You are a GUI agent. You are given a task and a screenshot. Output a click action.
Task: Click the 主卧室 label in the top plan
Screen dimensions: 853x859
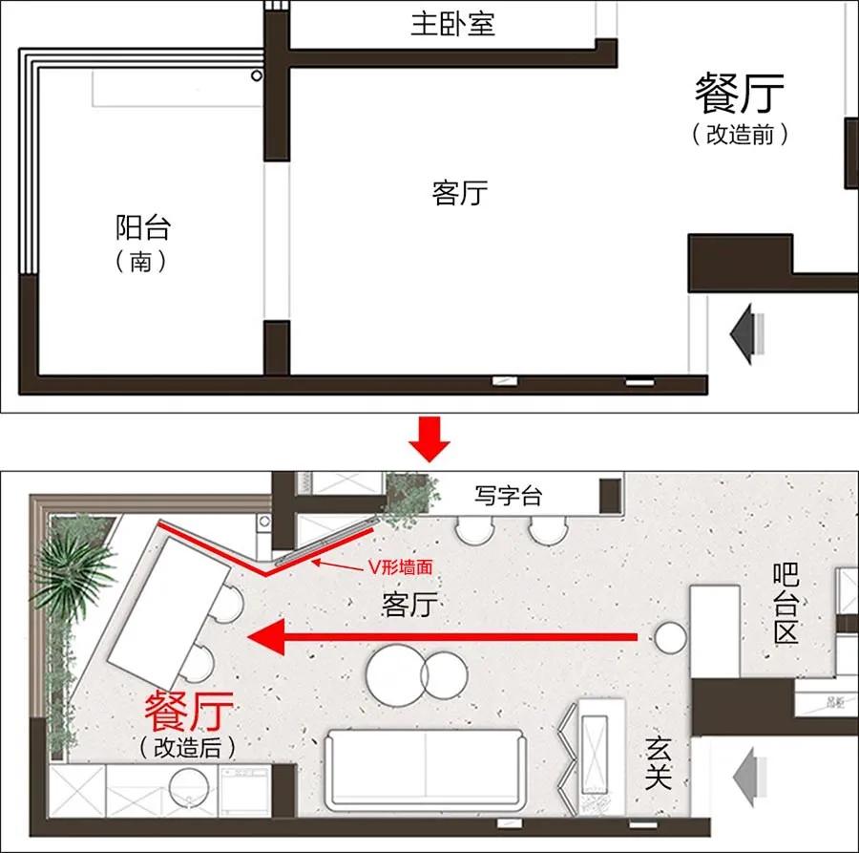[x=452, y=23]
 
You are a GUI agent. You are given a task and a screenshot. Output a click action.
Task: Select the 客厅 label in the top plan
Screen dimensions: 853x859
[x=459, y=194]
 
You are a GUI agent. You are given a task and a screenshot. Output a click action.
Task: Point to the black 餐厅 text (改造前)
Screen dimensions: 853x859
[x=740, y=94]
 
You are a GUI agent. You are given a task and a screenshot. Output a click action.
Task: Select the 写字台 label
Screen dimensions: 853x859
[x=508, y=495]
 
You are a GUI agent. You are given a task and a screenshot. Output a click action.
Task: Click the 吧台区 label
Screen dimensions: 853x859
[x=785, y=604]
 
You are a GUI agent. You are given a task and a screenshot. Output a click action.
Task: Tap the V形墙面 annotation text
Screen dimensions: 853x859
[x=400, y=566]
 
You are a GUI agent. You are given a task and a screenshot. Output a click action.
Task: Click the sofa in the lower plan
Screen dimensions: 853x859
[x=425, y=768]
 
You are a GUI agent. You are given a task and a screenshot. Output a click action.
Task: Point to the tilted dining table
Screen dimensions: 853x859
[x=170, y=603]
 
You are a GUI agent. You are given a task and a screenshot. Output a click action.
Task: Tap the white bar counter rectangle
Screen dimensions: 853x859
[x=714, y=630]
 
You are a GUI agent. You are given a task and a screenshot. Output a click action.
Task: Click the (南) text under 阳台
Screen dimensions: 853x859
[x=141, y=261]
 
